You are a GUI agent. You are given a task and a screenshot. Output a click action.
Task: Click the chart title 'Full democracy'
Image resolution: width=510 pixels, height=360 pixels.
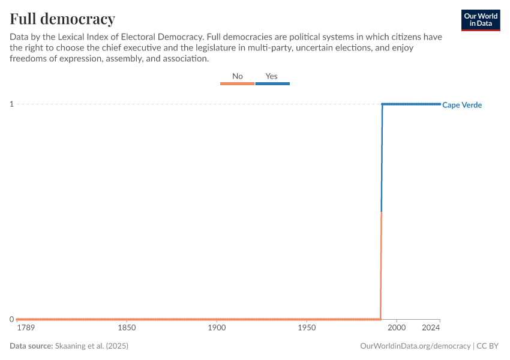click(x=62, y=18)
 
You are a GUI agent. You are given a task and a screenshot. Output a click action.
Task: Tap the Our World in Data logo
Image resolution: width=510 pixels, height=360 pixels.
click(x=480, y=20)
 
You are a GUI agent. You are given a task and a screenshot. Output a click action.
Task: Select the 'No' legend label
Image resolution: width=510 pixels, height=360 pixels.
click(x=238, y=76)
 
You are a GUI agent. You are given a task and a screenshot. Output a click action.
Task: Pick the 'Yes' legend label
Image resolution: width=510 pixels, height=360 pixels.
click(x=272, y=76)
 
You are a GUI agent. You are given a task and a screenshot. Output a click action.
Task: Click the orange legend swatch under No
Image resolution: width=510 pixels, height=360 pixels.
click(x=238, y=84)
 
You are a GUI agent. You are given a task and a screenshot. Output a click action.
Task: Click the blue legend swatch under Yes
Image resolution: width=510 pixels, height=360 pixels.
click(x=272, y=84)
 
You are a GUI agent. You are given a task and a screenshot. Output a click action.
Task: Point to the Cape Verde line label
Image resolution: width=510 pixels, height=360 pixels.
click(x=462, y=105)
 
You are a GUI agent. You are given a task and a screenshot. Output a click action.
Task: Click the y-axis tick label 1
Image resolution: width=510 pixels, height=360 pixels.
click(x=11, y=104)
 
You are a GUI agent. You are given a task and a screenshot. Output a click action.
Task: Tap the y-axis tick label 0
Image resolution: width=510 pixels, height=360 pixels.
click(x=11, y=319)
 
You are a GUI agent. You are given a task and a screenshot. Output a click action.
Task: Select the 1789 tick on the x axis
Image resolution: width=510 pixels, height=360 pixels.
click(x=26, y=328)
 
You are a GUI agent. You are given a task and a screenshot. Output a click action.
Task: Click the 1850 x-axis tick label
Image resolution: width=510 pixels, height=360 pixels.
click(x=126, y=328)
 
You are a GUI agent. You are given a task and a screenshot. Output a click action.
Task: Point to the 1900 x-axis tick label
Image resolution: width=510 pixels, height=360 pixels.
click(x=217, y=328)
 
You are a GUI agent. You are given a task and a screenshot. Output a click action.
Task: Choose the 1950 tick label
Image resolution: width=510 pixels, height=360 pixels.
click(x=307, y=328)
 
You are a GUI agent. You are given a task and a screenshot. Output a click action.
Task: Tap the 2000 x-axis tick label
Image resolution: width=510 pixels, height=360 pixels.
click(x=397, y=328)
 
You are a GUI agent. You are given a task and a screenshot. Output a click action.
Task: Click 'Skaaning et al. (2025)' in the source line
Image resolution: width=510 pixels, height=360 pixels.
click(x=91, y=346)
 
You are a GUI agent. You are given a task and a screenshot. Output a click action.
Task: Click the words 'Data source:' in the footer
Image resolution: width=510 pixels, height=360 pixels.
click(x=31, y=346)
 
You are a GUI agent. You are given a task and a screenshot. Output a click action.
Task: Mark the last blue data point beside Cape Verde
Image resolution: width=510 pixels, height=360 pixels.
click(x=439, y=104)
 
